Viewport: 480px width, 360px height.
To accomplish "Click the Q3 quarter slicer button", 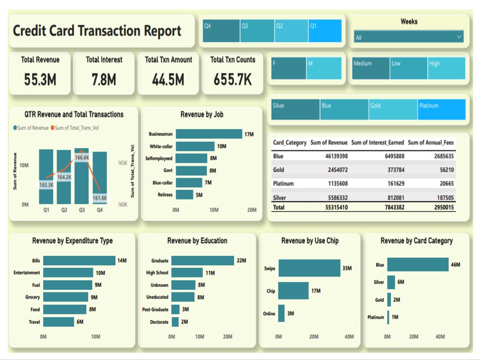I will (257, 31).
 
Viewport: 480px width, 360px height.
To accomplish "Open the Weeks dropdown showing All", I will (408, 37).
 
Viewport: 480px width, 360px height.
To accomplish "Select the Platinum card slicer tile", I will (441, 109).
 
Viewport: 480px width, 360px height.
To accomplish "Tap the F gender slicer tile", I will (288, 68).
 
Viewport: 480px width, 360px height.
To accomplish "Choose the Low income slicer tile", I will (408, 68).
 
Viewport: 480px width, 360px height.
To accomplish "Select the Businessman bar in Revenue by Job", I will (209, 134).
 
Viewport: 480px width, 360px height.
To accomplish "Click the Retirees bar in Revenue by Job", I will (184, 194).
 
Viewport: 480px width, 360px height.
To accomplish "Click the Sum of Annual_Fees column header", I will (431, 143).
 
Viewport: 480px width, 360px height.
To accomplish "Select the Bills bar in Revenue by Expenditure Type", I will (79, 261).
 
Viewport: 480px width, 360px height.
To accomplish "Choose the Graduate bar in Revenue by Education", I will (202, 261).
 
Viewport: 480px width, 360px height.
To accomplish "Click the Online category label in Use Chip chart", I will (269, 314).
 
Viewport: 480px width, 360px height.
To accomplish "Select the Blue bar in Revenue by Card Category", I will (418, 264).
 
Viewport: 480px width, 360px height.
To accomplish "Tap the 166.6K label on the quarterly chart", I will (82, 157).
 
